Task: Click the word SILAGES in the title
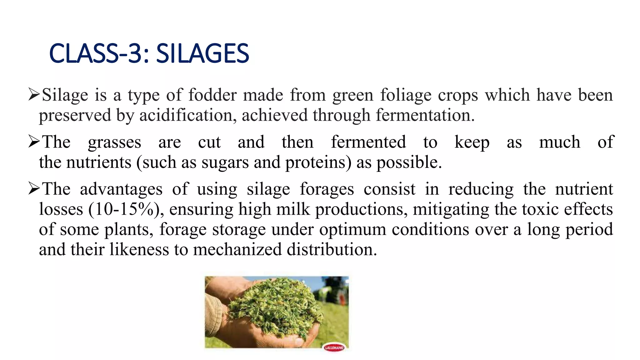pyautogui.click(x=202, y=53)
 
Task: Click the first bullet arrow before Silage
pyautogui.click(x=34, y=94)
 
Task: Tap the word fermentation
pyautogui.click(x=425, y=115)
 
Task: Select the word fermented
pyautogui.click(x=368, y=142)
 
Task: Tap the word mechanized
pyautogui.click(x=237, y=249)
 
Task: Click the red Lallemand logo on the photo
pyautogui.click(x=334, y=347)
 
